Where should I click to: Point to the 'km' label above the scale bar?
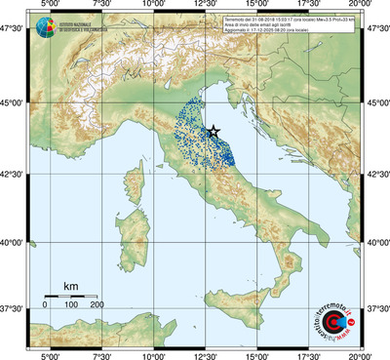click(x=70, y=286)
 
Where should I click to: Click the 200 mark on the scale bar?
click(x=97, y=305)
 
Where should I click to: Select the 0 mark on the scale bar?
click(x=45, y=305)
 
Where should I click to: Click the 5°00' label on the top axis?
click(x=49, y=6)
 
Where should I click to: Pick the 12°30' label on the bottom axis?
click(x=205, y=355)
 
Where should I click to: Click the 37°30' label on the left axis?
click(x=14, y=309)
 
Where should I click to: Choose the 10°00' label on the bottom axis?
click(x=153, y=355)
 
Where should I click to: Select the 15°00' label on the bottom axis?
click(x=257, y=355)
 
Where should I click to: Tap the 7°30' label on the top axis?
click(x=100, y=6)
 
